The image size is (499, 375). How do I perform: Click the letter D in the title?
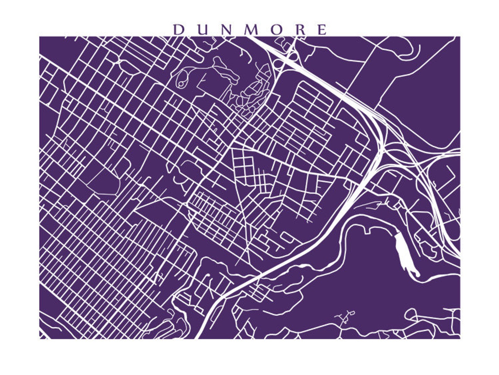click(178, 30)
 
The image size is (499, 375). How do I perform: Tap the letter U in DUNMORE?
click(202, 30)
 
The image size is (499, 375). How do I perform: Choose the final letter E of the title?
click(322, 30)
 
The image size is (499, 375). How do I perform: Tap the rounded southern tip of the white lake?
click(417, 275)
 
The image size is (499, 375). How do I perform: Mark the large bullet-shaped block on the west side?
click(102, 179)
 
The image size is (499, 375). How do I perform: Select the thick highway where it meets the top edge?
click(251, 38)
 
